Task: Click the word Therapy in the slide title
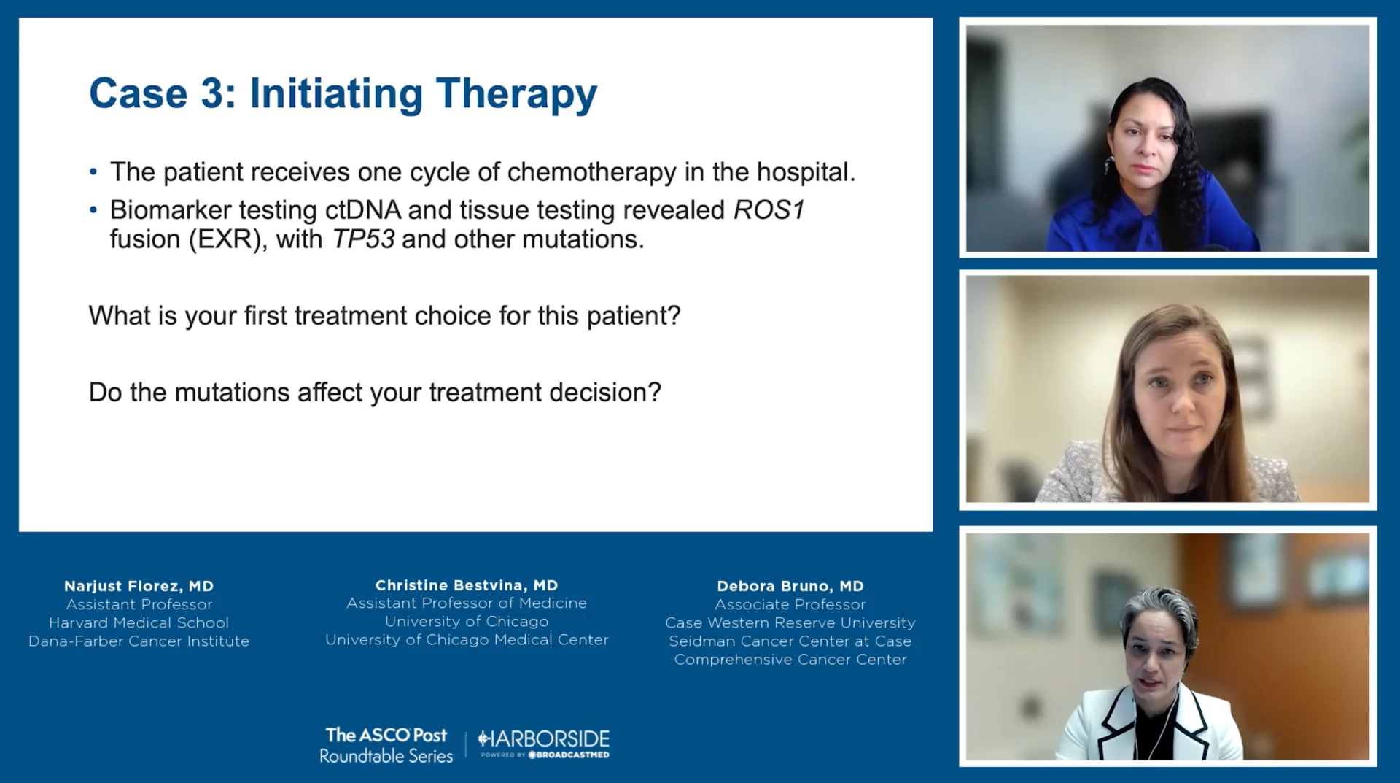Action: tap(516, 95)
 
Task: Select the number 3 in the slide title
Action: tap(213, 93)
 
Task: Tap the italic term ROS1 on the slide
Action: tap(769, 210)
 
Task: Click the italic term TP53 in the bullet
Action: tap(363, 239)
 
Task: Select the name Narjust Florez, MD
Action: tap(139, 586)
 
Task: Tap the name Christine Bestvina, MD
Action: tap(467, 585)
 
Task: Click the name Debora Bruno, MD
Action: tap(790, 586)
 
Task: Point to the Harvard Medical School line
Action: tap(139, 622)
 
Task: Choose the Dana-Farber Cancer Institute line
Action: tap(139, 641)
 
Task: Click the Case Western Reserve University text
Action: tap(790, 622)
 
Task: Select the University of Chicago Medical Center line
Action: tap(467, 639)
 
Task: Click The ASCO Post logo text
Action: tap(386, 735)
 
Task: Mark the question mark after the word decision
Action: tap(655, 392)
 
